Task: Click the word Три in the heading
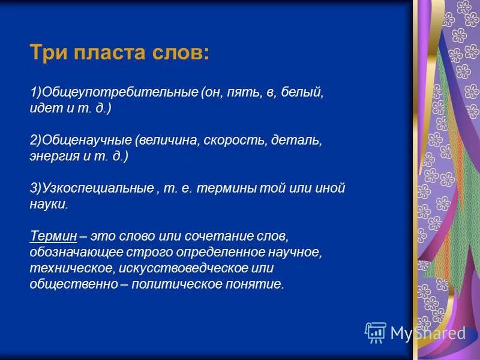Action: pyautogui.click(x=49, y=53)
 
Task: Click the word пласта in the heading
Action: pyautogui.click(x=106, y=53)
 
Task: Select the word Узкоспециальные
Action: pyautogui.click(x=96, y=188)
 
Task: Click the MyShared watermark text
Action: pyautogui.click(x=428, y=333)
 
